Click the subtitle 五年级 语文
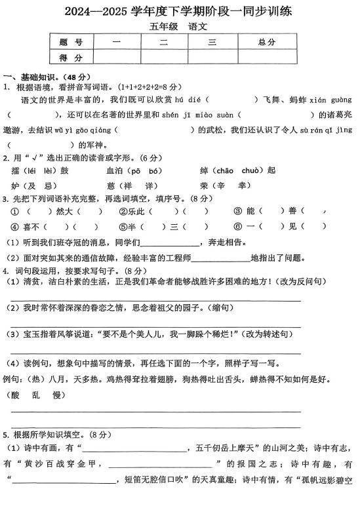180,27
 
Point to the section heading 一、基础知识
37,75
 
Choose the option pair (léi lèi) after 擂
40,171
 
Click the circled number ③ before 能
238,211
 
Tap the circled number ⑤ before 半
123,227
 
